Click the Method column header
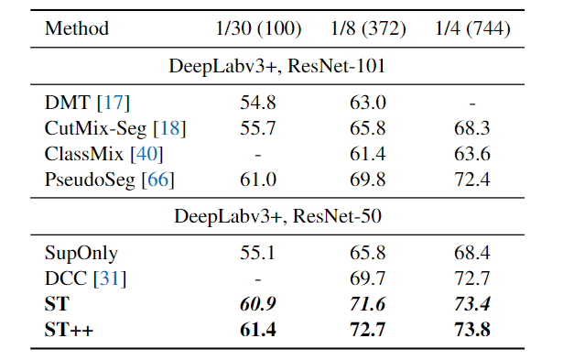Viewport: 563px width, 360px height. click(x=76, y=28)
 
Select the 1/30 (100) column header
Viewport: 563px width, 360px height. click(x=259, y=28)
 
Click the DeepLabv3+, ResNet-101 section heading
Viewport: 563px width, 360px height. click(x=280, y=67)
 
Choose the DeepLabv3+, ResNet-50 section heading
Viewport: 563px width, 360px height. click(x=280, y=216)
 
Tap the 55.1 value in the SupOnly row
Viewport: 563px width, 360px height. click(x=258, y=252)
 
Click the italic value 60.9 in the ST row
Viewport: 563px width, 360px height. click(x=258, y=302)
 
